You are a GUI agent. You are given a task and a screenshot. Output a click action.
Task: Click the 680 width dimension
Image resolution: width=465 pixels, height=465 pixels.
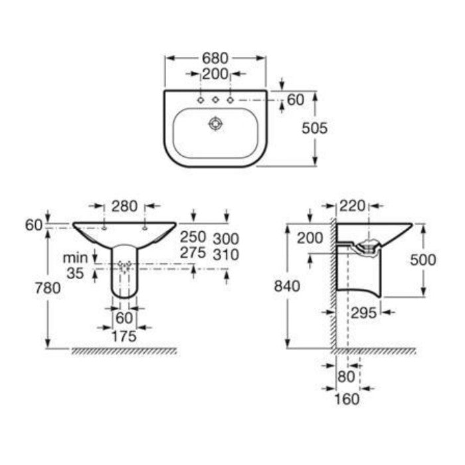point(215,58)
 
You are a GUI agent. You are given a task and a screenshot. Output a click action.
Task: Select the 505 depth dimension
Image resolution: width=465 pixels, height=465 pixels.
point(315,128)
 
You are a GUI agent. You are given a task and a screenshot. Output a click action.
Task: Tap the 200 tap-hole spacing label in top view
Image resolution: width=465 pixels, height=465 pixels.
point(215,74)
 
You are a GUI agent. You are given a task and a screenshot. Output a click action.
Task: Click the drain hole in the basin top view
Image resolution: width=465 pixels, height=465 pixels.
point(216,124)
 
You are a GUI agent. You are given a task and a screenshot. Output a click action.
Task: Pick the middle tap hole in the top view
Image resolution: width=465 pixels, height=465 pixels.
point(215,100)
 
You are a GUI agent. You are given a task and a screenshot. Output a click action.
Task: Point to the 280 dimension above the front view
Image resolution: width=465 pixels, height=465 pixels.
point(124,206)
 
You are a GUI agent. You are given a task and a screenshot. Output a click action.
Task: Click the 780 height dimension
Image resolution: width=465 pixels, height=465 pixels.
point(48,288)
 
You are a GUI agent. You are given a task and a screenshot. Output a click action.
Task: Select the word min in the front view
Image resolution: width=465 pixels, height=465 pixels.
point(75,258)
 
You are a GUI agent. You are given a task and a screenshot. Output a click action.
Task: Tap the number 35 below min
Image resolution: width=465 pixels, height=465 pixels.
point(75,273)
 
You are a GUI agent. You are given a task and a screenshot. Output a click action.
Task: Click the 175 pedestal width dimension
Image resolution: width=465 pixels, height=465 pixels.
point(124,336)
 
